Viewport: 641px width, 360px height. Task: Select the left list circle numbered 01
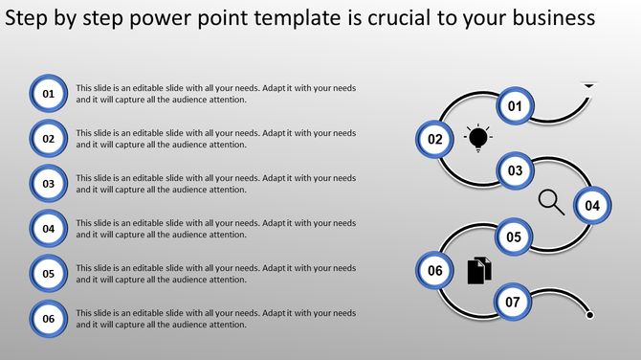[48, 93]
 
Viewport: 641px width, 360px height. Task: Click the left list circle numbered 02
[48, 138]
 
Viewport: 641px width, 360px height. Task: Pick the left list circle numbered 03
[48, 183]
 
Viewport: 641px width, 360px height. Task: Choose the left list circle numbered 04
[48, 228]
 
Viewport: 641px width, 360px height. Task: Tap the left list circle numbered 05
[48, 273]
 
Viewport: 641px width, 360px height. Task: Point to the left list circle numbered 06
[48, 318]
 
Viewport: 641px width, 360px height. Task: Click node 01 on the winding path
[515, 106]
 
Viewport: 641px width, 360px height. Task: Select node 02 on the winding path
[435, 139]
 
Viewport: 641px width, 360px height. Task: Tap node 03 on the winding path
[515, 171]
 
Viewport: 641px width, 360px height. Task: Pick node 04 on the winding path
[592, 205]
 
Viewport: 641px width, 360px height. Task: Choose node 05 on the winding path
[514, 237]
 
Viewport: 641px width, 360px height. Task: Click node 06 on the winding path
[435, 271]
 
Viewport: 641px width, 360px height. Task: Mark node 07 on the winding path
[513, 303]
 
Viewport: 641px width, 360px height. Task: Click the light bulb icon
[477, 138]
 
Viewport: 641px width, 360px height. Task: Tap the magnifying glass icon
[551, 201]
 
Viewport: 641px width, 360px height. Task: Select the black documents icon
[479, 271]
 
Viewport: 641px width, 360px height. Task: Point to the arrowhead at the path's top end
[589, 86]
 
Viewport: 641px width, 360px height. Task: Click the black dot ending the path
[590, 315]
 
